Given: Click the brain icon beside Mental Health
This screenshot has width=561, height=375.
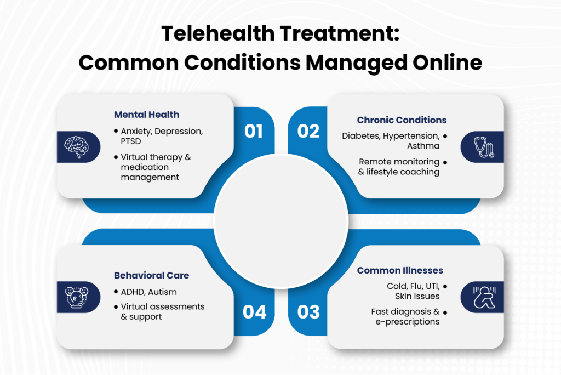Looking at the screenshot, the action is pos(77,147).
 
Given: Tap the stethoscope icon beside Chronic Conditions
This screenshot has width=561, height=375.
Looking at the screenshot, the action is pos(484,147).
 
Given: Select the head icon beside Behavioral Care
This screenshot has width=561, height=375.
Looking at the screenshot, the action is pos(77,297).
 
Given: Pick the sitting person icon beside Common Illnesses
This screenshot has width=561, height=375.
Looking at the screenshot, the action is pos(484,297).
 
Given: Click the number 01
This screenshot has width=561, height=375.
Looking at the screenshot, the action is pos(254,132).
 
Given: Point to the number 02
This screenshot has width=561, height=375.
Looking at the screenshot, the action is pos(308,132).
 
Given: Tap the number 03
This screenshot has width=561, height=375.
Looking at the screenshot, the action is pos(308,312).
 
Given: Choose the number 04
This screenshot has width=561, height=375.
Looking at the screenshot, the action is pos(254,312).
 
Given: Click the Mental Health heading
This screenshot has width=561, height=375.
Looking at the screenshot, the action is pos(147,115).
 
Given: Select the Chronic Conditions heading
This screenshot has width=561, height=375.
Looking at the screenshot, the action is pos(402,120).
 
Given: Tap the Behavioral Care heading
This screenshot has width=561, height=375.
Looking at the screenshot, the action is pos(152,275).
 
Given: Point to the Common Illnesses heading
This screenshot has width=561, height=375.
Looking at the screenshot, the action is pos(400,270).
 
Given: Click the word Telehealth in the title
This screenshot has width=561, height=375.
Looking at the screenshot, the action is pos(218,33).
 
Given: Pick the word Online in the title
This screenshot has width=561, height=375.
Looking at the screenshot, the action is pos(447,63).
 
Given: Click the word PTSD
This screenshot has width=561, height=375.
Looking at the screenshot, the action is pos(131,141).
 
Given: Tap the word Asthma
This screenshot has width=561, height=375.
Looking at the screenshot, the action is pos(423,146).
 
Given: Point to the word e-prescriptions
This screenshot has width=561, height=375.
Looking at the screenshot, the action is pos(408,322).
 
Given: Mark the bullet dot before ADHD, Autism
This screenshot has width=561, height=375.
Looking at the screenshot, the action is pos(116,292).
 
